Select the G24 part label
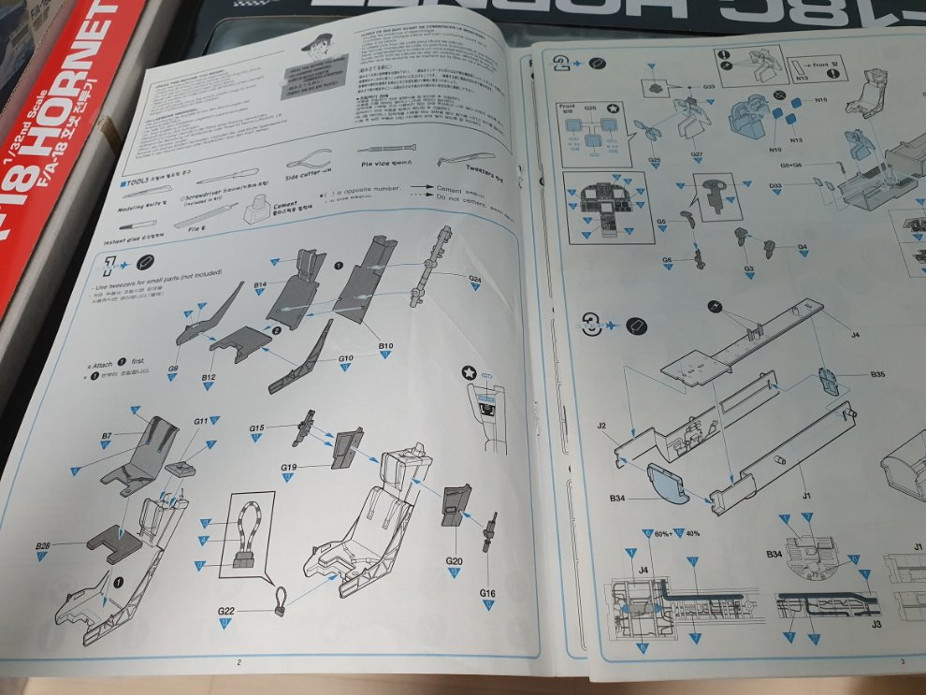pyautogui.click(x=475, y=279)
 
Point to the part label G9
pyautogui.click(x=173, y=369)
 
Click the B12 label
pyautogui.click(x=210, y=377)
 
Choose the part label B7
pyautogui.click(x=107, y=436)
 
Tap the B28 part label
pyautogui.click(x=42, y=545)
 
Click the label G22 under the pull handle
pyautogui.click(x=226, y=611)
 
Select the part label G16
pyautogui.click(x=487, y=593)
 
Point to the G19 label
pyautogui.click(x=289, y=467)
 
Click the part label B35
pyautogui.click(x=877, y=375)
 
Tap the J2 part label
pyautogui.click(x=601, y=427)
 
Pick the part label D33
pyautogui.click(x=775, y=186)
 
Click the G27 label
pyautogui.click(x=697, y=153)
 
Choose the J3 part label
pyautogui.click(x=875, y=622)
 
